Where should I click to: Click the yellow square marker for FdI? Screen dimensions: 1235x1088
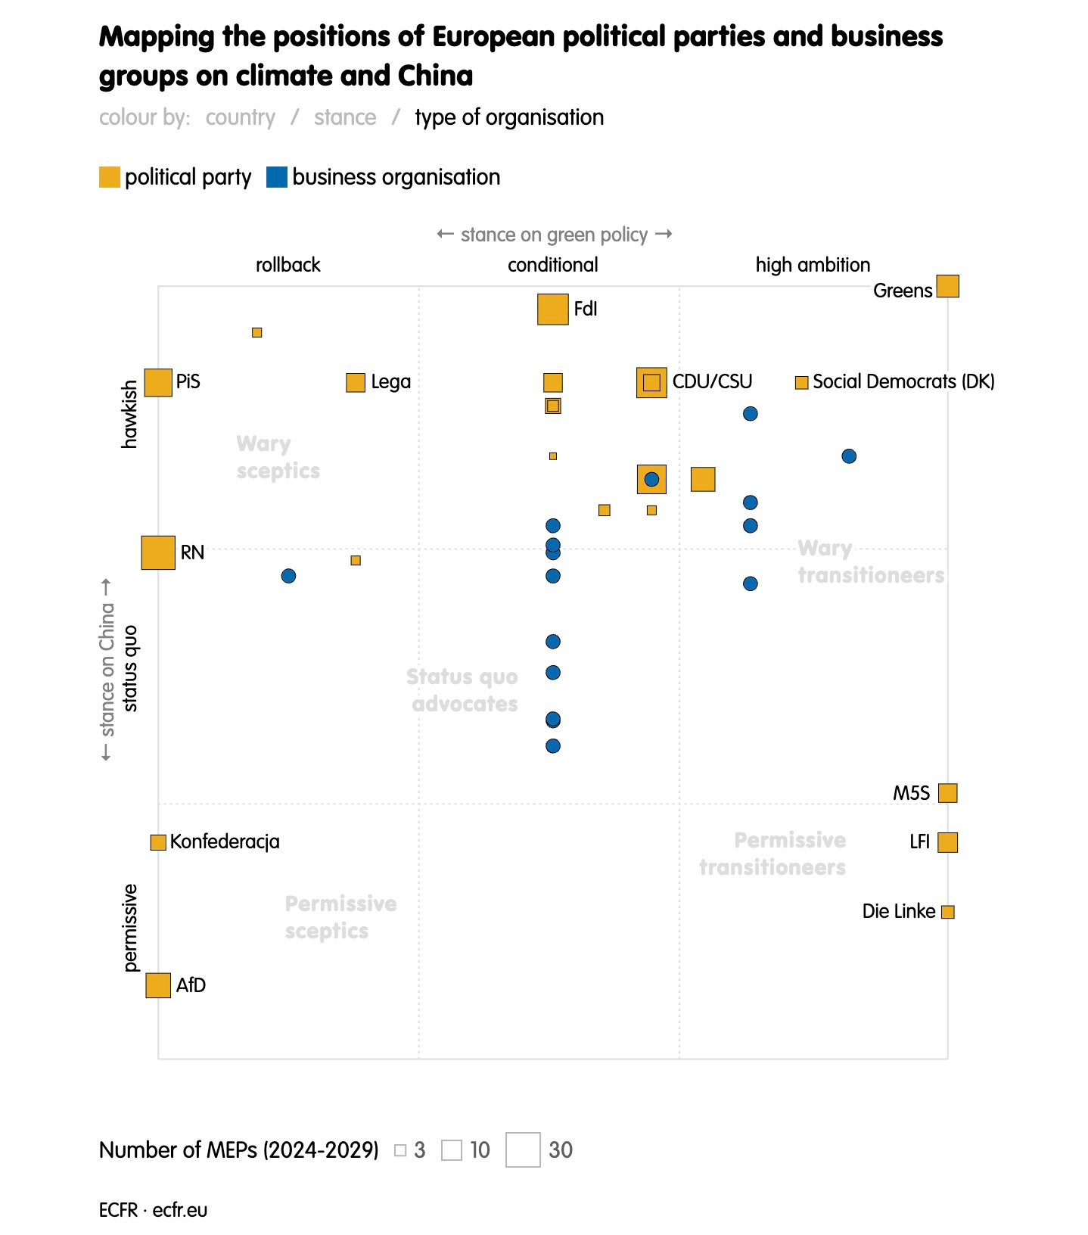(552, 310)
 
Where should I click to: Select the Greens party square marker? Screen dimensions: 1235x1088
(947, 287)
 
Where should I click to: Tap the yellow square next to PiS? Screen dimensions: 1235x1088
(158, 382)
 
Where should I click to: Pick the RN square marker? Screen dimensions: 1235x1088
(158, 552)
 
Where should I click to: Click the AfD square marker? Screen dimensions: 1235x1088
(158, 985)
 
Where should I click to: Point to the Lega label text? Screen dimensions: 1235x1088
(390, 382)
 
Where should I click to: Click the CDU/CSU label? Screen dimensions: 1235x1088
(712, 382)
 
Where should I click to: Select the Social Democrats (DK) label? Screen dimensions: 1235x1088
(903, 382)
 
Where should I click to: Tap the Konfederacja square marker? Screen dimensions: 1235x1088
(158, 842)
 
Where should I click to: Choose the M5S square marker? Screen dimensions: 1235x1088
(947, 793)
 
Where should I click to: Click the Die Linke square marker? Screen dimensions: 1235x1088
(947, 912)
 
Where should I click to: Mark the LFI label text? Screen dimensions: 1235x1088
(919, 842)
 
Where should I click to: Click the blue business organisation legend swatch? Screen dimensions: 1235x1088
(277, 177)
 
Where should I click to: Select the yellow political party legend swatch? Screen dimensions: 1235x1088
(110, 177)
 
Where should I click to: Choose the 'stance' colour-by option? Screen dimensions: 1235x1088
(345, 117)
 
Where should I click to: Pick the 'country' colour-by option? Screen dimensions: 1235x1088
(241, 117)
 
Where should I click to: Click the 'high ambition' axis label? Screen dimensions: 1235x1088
(813, 265)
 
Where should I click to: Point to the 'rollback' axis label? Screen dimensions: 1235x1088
(288, 265)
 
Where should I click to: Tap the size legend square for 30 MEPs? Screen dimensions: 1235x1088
(523, 1149)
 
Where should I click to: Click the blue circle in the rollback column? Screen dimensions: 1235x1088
(288, 576)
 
